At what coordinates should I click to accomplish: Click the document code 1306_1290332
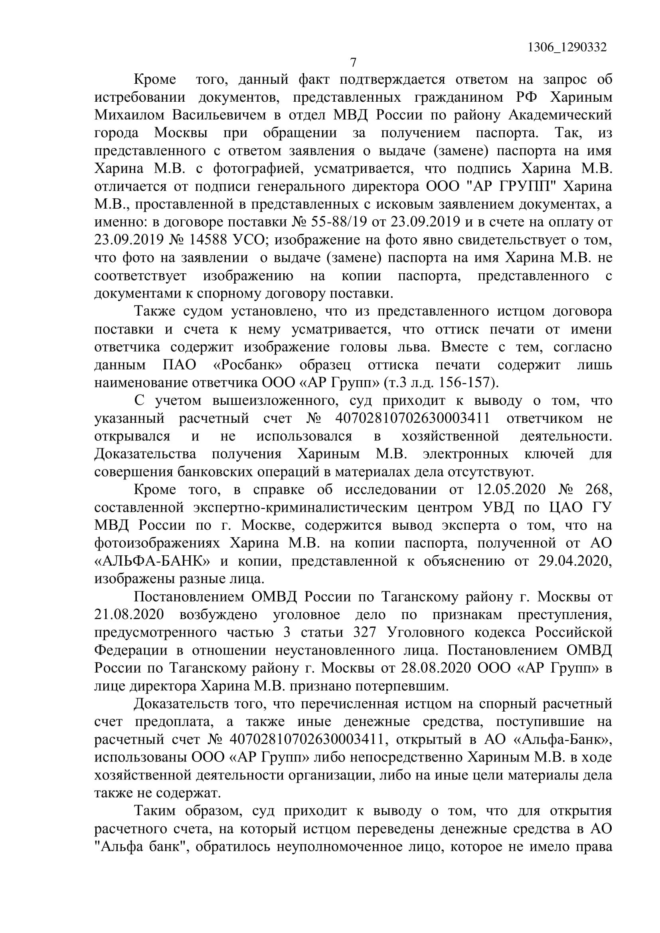(x=567, y=48)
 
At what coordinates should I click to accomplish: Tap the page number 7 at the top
(x=353, y=62)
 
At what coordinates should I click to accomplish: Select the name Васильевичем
(x=219, y=115)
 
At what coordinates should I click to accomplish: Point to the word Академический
(x=560, y=115)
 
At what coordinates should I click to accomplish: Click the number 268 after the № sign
(x=597, y=490)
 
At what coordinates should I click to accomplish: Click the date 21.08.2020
(x=129, y=615)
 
